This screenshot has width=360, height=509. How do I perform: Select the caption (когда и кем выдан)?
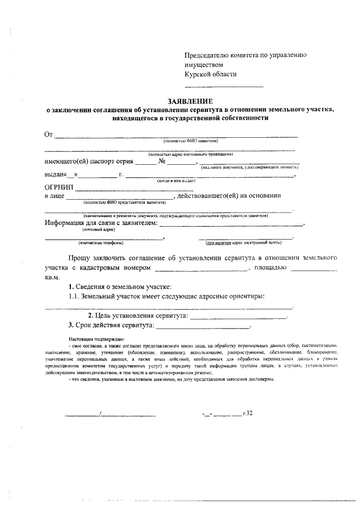click(x=176, y=181)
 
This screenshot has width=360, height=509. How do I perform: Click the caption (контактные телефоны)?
click(x=101, y=243)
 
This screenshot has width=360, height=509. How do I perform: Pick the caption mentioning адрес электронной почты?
click(x=243, y=243)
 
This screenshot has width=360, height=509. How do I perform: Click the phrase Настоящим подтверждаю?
click(x=92, y=340)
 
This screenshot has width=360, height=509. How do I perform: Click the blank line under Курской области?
click(x=224, y=87)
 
